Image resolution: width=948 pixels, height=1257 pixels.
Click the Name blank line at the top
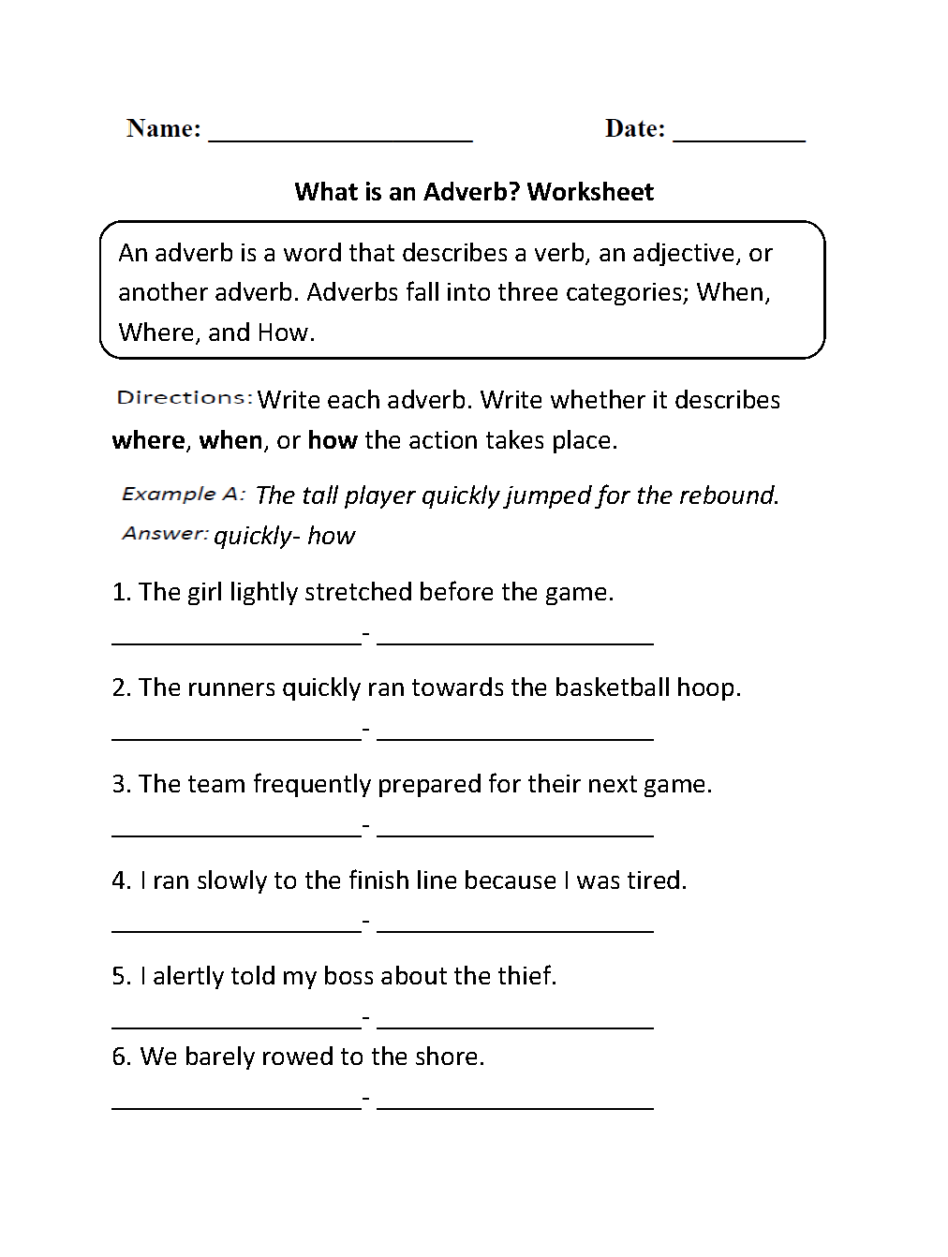click(340, 138)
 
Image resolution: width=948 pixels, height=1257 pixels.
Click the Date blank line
click(739, 138)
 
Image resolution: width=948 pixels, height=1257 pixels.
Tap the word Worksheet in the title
click(590, 192)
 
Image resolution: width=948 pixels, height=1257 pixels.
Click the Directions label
click(184, 398)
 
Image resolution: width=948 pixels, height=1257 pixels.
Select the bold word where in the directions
click(148, 440)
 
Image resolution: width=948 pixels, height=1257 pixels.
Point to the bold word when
click(230, 440)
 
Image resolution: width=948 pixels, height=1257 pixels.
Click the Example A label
click(184, 494)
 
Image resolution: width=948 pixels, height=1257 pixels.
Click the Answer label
click(165, 534)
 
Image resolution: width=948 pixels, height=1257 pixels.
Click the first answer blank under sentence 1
click(236, 643)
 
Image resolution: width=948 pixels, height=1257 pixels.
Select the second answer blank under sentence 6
click(515, 1107)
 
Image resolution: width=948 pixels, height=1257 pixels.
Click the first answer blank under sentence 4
click(236, 931)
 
